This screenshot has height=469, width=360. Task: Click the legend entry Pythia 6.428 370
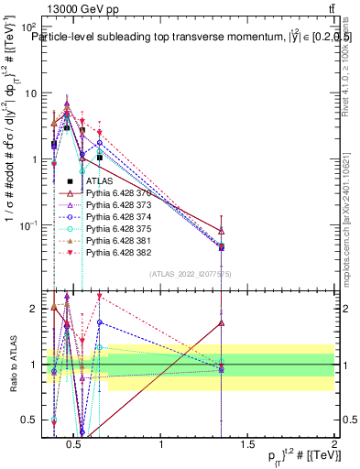(115, 194)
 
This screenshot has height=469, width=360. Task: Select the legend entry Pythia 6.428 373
(115, 208)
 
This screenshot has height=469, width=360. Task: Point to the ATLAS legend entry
(99, 180)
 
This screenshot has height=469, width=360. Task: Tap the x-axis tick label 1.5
(247, 445)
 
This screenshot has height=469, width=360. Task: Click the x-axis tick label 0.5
(75, 445)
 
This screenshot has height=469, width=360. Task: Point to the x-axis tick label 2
(333, 445)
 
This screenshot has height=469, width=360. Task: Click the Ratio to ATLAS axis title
(12, 365)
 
